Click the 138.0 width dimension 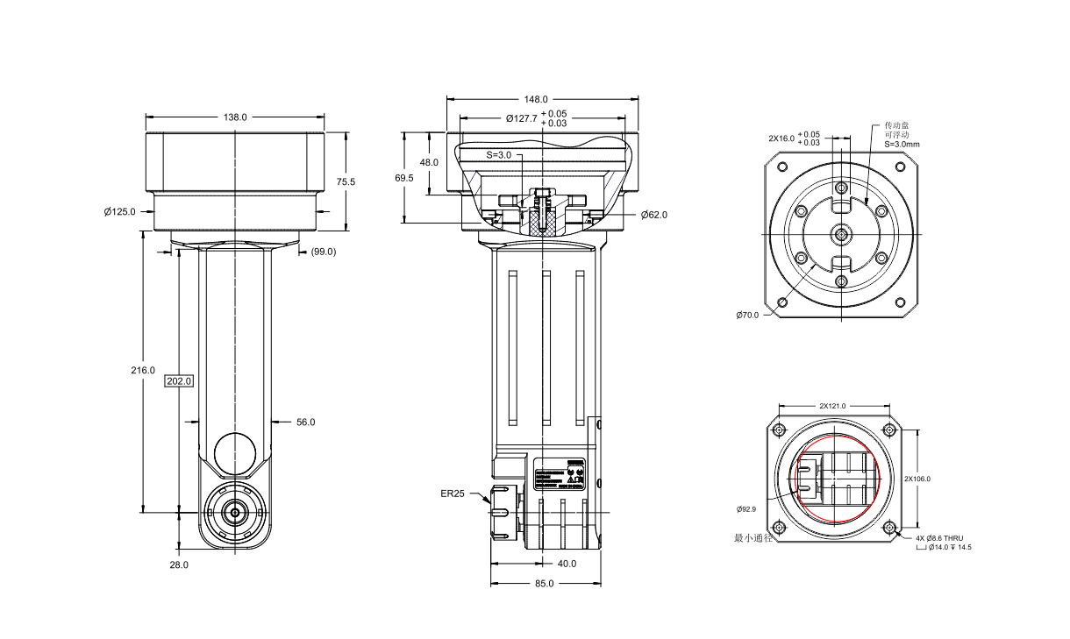point(235,117)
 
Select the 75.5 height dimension point(346,182)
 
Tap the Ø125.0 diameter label point(120,211)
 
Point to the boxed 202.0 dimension point(178,381)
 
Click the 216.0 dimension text point(142,370)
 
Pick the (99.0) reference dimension point(324,252)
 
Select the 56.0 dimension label point(305,422)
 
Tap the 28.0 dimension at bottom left point(179,565)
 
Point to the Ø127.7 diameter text point(524,118)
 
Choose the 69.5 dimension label point(404,178)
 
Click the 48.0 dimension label point(429,163)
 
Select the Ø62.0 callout point(654,215)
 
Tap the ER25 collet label point(453,493)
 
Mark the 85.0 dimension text point(545,584)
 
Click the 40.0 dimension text point(567,564)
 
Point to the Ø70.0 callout point(748,315)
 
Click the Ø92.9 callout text point(746,508)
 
